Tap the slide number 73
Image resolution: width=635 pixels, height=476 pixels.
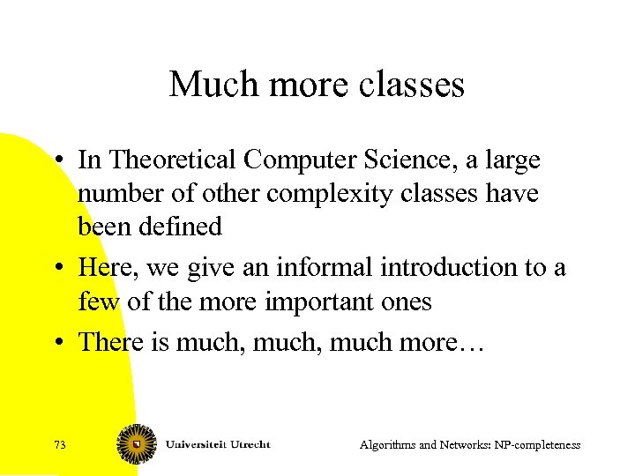[60, 445]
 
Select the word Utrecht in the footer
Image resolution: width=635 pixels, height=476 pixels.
[246, 443]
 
